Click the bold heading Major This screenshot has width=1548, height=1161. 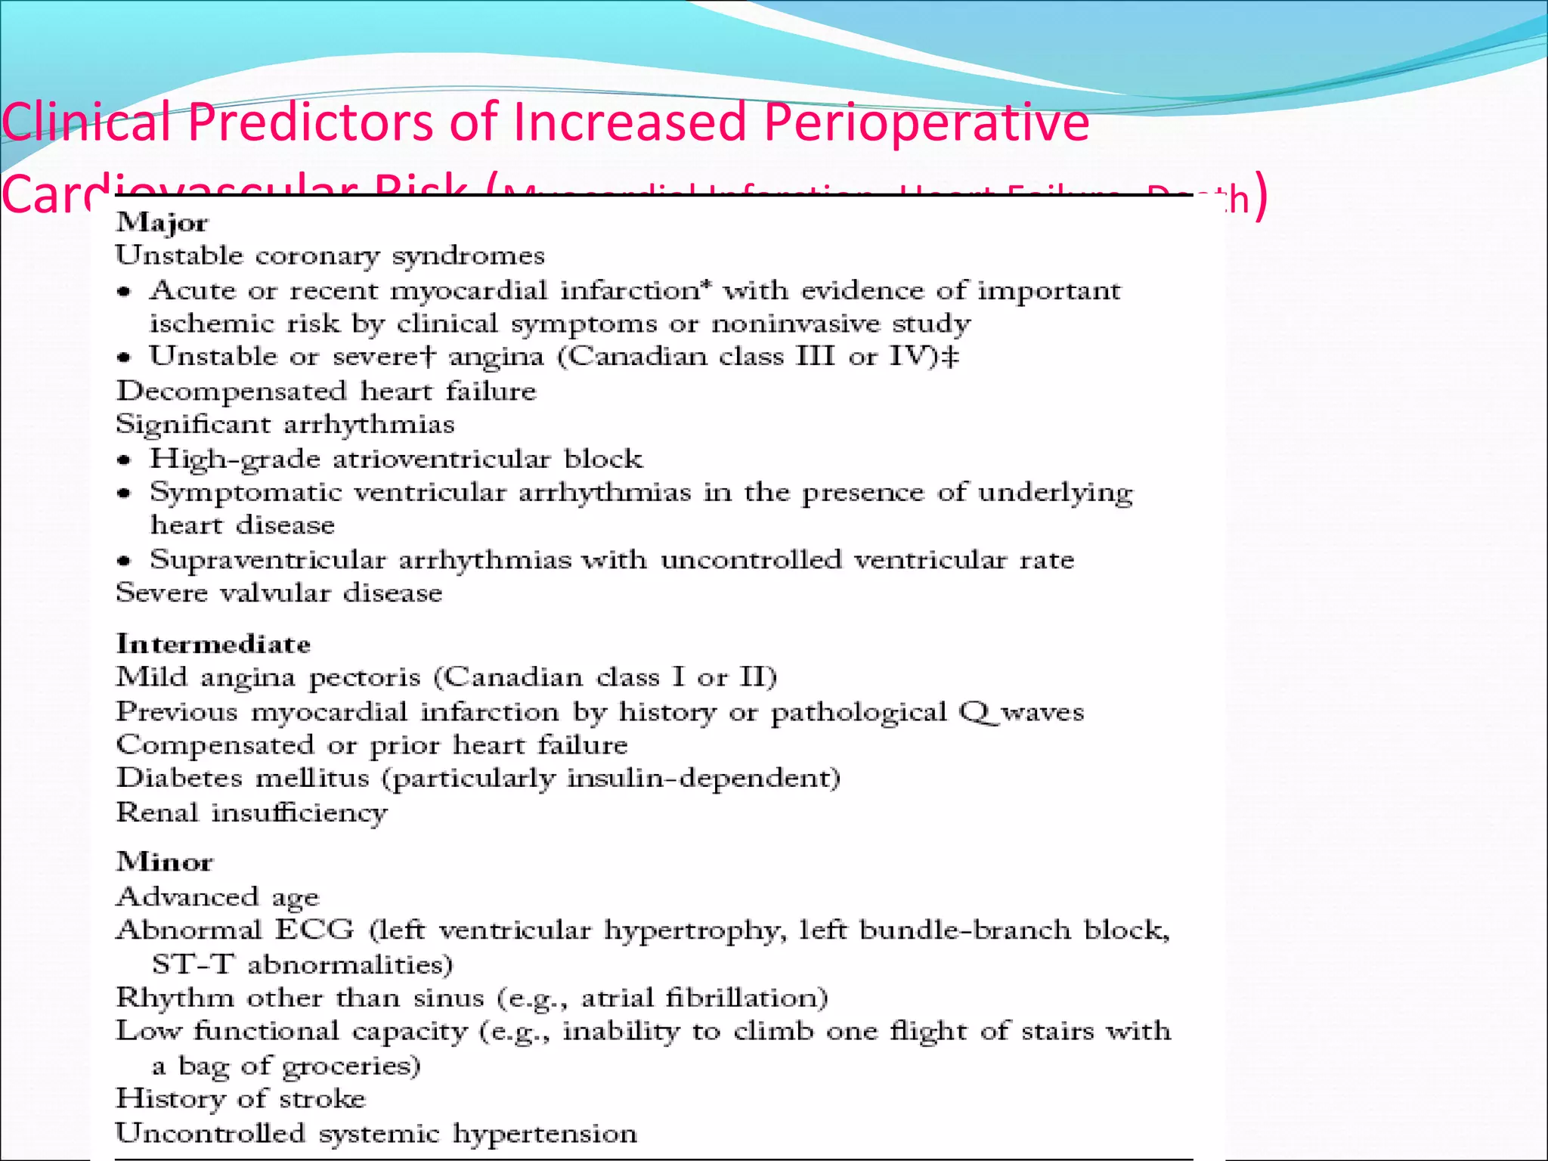point(162,223)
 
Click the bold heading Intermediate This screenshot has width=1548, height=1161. point(213,644)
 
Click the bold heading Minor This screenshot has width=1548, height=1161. point(164,862)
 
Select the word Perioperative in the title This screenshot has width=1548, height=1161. point(927,122)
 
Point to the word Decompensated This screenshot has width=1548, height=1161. point(231,392)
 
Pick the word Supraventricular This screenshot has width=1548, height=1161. point(268,560)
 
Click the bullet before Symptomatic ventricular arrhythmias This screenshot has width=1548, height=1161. point(125,494)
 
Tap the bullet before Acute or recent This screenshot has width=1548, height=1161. point(125,292)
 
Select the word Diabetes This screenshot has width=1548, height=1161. point(178,778)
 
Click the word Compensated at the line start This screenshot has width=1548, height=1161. point(215,745)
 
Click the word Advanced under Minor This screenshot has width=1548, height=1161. point(187,896)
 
